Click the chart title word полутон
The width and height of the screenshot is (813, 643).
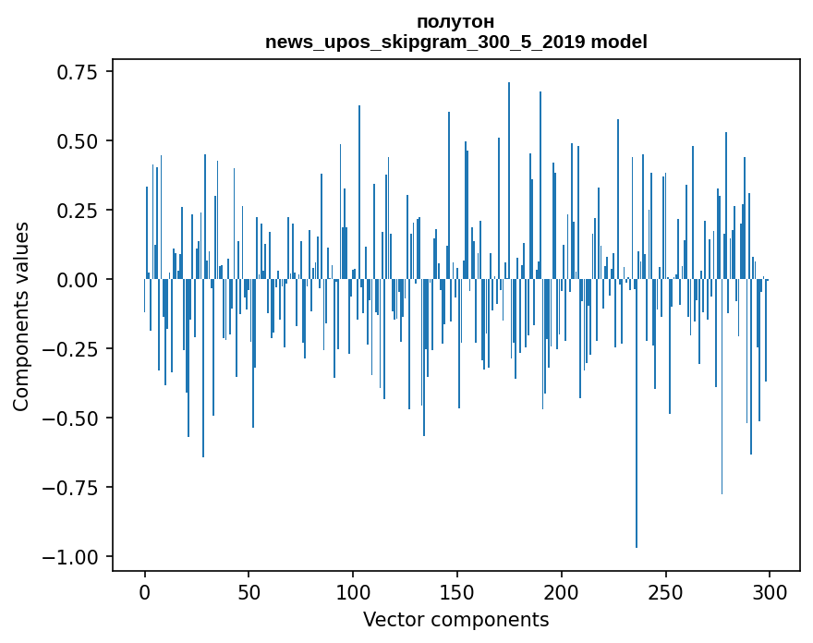455,21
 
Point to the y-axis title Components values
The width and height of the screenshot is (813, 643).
21,316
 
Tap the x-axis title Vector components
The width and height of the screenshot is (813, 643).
455,620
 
